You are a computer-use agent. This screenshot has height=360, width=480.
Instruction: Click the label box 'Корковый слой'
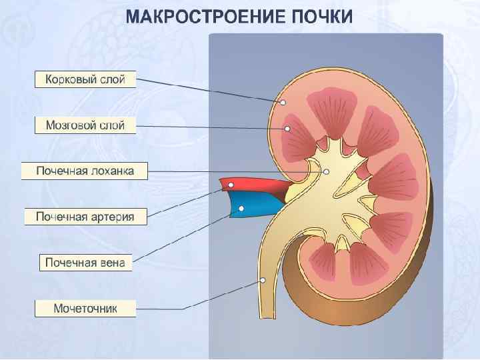(x=85, y=80)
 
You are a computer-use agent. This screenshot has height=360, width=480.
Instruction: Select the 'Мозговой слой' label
(x=85, y=125)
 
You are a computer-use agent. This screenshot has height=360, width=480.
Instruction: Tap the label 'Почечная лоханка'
(x=85, y=171)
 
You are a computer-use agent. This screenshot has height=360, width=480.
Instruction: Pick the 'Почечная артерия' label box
(x=85, y=217)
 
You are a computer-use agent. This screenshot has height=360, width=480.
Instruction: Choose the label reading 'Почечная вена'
(x=85, y=262)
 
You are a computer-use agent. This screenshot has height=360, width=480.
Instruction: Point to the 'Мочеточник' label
(x=85, y=308)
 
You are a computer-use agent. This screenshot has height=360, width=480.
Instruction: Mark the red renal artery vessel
(x=257, y=185)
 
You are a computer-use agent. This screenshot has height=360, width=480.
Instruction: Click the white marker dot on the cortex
(x=283, y=103)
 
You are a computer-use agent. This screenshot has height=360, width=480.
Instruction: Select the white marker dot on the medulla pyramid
(x=288, y=129)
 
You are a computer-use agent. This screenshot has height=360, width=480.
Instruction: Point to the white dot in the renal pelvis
(x=326, y=171)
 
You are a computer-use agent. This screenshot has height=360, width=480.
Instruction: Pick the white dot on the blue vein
(x=241, y=208)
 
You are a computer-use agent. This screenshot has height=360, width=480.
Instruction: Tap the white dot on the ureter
(x=263, y=279)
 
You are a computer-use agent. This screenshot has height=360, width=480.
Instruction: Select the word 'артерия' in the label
(x=115, y=217)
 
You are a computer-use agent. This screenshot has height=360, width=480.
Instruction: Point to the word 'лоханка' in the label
(x=112, y=171)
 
